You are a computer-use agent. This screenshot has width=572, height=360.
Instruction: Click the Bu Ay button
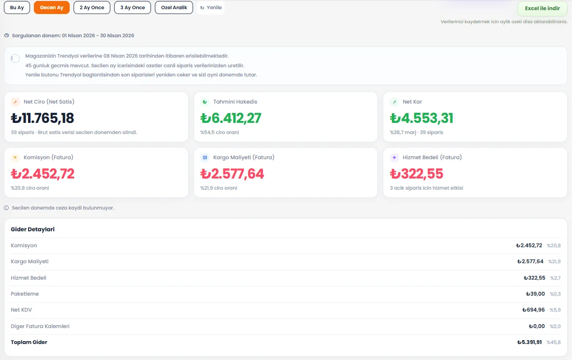[x=17, y=8]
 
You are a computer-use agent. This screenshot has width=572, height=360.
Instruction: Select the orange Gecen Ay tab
[x=51, y=8]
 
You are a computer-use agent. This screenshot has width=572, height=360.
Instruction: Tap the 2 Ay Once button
[x=92, y=8]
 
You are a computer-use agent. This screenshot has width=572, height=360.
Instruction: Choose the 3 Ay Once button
[x=133, y=8]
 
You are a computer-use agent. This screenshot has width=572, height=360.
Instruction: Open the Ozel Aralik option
[x=174, y=8]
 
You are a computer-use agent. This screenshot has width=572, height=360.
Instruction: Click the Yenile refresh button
[x=211, y=8]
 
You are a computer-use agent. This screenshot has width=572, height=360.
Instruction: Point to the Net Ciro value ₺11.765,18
[x=42, y=118]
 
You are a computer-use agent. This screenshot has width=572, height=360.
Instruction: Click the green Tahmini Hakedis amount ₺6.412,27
[x=231, y=118]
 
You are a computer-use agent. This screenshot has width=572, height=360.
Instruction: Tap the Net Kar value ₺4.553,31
[x=421, y=118]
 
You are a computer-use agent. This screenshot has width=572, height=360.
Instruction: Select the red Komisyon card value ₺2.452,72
[x=43, y=174]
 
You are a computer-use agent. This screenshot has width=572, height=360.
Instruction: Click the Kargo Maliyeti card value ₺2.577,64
[x=232, y=174]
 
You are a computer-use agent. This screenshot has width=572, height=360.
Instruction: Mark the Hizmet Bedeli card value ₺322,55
[x=417, y=174]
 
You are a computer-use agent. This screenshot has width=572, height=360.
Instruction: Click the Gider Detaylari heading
[x=32, y=229]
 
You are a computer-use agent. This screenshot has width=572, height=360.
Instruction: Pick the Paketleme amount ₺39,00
[x=536, y=294]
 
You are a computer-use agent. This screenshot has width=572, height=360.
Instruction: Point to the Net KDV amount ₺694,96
[x=534, y=310]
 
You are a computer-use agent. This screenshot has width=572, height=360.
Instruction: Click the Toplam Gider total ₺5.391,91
[x=530, y=343]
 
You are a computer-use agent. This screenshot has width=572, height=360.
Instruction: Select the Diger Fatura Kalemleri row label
[x=40, y=327]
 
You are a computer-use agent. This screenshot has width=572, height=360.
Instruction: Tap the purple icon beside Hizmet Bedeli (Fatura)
[x=394, y=158]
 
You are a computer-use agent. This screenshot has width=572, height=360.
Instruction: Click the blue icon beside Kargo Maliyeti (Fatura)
[x=205, y=158]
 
